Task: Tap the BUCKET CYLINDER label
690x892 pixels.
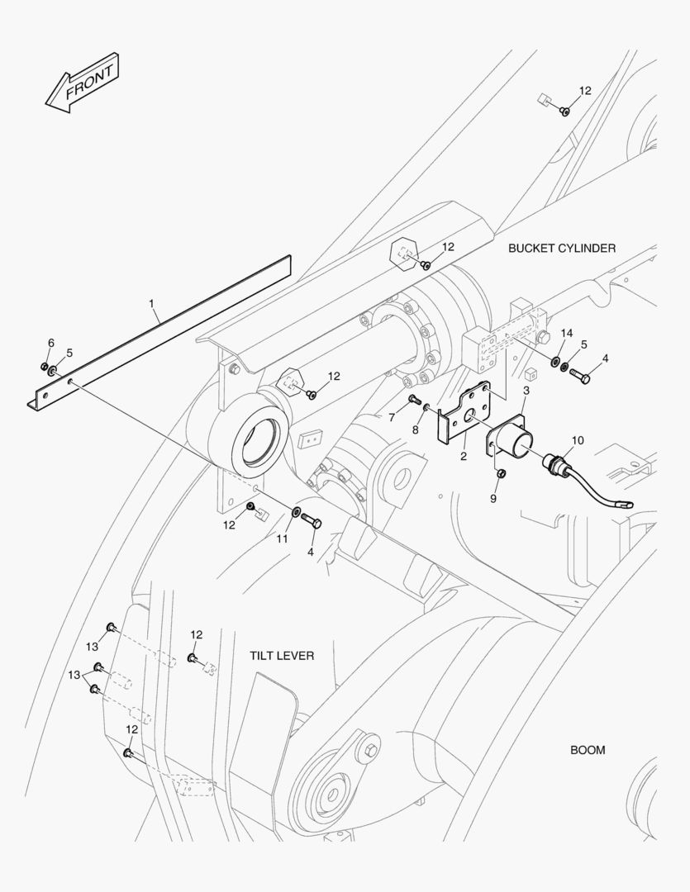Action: coord(561,248)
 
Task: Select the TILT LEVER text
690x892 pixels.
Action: coord(282,655)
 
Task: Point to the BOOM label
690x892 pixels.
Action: coord(588,750)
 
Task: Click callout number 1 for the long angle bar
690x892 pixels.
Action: coord(152,304)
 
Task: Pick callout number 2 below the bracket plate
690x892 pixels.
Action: coord(464,455)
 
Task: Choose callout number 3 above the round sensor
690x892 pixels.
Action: coord(526,390)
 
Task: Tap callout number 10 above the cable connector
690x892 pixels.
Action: coord(577,440)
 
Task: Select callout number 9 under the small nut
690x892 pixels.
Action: coord(493,499)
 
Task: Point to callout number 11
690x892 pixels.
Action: coord(282,539)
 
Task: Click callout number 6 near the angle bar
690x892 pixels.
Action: coord(50,343)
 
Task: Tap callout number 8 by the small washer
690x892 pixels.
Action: coord(416,429)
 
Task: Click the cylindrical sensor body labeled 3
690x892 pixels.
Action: coord(519,443)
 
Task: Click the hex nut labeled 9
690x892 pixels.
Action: coord(501,472)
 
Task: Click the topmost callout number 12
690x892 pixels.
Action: coord(585,91)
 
